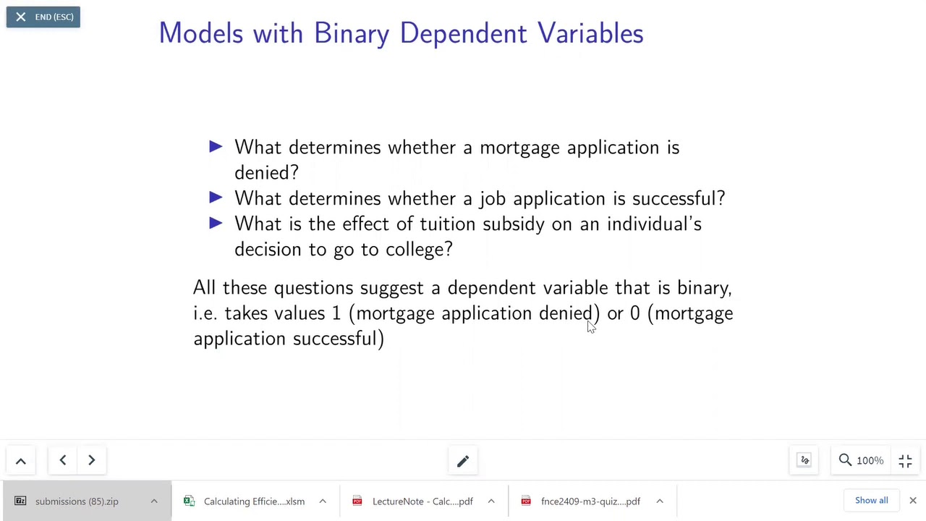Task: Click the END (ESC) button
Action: coord(43,17)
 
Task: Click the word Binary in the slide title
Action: coord(353,33)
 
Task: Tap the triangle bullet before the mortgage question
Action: coord(216,147)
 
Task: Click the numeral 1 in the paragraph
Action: coord(336,313)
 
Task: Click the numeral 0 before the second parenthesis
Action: coord(634,313)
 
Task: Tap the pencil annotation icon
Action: coord(463,460)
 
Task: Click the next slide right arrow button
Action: coord(91,460)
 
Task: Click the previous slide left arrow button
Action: coord(63,460)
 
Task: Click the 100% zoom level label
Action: coord(870,460)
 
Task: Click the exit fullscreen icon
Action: coord(905,460)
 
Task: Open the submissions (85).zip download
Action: coord(77,501)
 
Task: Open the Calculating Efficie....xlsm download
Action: coord(253,501)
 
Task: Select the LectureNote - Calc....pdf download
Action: coord(422,501)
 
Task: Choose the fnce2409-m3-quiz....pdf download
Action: coord(590,501)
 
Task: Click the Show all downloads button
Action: coord(871,500)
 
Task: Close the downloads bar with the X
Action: coord(912,500)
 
